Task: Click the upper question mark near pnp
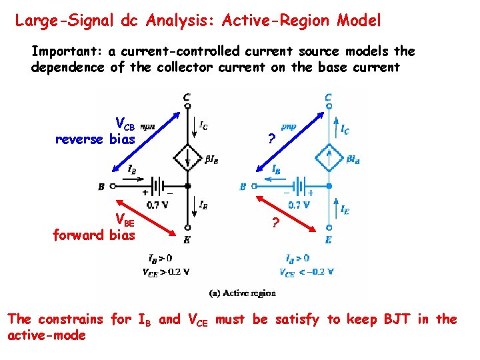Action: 270,139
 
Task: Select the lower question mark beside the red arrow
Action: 274,223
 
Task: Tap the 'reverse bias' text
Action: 95,139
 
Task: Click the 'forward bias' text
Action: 94,235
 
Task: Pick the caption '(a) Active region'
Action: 242,293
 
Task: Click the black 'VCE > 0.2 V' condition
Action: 166,271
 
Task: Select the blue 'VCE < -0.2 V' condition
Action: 307,271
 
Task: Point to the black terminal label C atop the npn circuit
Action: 187,98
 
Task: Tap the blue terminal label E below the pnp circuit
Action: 328,239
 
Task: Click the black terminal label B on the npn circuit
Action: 101,187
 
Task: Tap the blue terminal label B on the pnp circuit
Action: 243,187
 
